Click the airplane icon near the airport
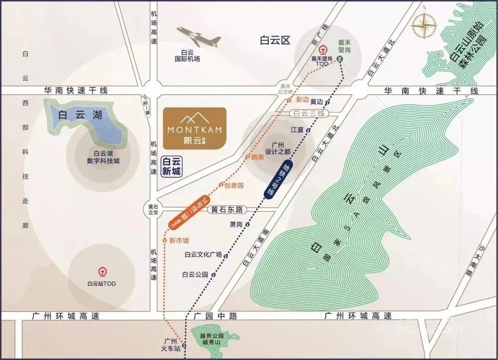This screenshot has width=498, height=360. pos(198,36)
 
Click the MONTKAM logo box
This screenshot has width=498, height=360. pos(195,128)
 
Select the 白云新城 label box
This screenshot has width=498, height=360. pos(172,167)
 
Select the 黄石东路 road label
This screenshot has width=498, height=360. pos(227,210)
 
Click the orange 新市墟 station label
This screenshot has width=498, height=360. pos(179,240)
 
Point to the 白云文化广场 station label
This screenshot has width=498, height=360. pos(203,255)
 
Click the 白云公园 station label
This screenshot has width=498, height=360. pos(195,274)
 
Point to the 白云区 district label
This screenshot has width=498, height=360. pos(275,41)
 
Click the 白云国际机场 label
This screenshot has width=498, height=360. pos(187,56)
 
